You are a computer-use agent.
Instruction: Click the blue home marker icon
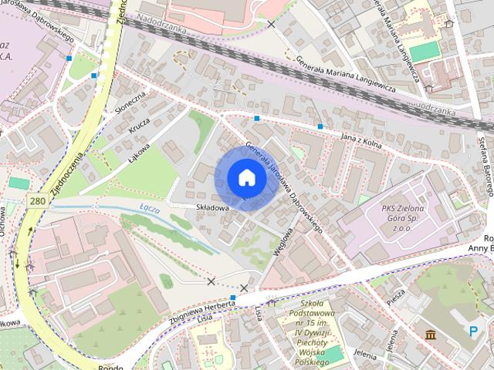[x=246, y=177]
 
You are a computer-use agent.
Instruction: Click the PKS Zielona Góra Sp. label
[x=408, y=217]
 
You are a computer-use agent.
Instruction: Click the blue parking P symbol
[x=473, y=331]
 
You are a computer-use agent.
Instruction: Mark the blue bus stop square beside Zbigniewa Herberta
[x=232, y=298]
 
